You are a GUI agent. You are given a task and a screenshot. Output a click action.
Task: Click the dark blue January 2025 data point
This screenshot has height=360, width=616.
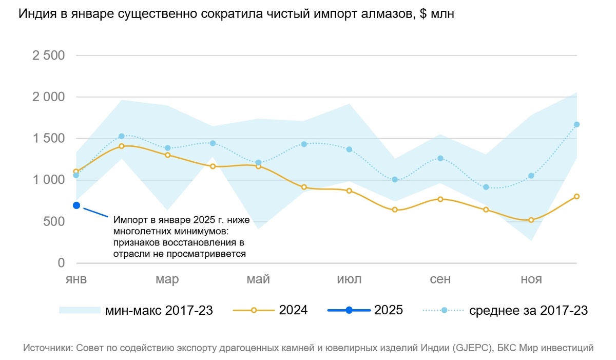76,205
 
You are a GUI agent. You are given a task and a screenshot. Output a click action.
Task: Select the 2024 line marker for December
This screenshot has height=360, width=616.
577,196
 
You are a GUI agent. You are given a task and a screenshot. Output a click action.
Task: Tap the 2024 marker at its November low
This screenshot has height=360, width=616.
531,220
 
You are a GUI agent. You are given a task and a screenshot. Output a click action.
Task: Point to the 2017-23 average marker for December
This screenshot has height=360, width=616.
577,124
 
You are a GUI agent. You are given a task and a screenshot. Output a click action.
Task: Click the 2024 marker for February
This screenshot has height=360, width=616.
122,146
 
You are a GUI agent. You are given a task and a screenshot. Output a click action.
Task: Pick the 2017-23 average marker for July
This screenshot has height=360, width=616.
350,149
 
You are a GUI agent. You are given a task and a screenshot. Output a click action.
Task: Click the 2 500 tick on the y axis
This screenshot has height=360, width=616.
48,55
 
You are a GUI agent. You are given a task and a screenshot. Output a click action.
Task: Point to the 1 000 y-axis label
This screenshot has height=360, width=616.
48,180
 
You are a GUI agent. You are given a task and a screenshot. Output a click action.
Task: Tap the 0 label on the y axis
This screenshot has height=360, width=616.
61,263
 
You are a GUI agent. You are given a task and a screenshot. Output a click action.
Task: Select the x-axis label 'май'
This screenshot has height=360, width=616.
258,279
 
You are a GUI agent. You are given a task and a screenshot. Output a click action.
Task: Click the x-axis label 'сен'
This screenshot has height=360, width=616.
440,279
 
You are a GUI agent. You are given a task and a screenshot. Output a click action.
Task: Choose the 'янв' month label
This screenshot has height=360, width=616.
76,279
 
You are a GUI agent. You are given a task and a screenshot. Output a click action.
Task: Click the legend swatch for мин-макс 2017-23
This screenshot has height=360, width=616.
80,310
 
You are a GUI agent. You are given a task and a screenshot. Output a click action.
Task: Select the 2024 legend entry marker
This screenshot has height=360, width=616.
253,310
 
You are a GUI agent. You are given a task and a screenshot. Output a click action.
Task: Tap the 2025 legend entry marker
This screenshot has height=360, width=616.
349,310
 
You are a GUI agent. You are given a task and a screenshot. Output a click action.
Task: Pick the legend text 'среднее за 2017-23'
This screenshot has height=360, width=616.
528,310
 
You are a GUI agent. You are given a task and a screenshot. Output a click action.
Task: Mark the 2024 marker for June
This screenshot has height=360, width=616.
304,187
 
